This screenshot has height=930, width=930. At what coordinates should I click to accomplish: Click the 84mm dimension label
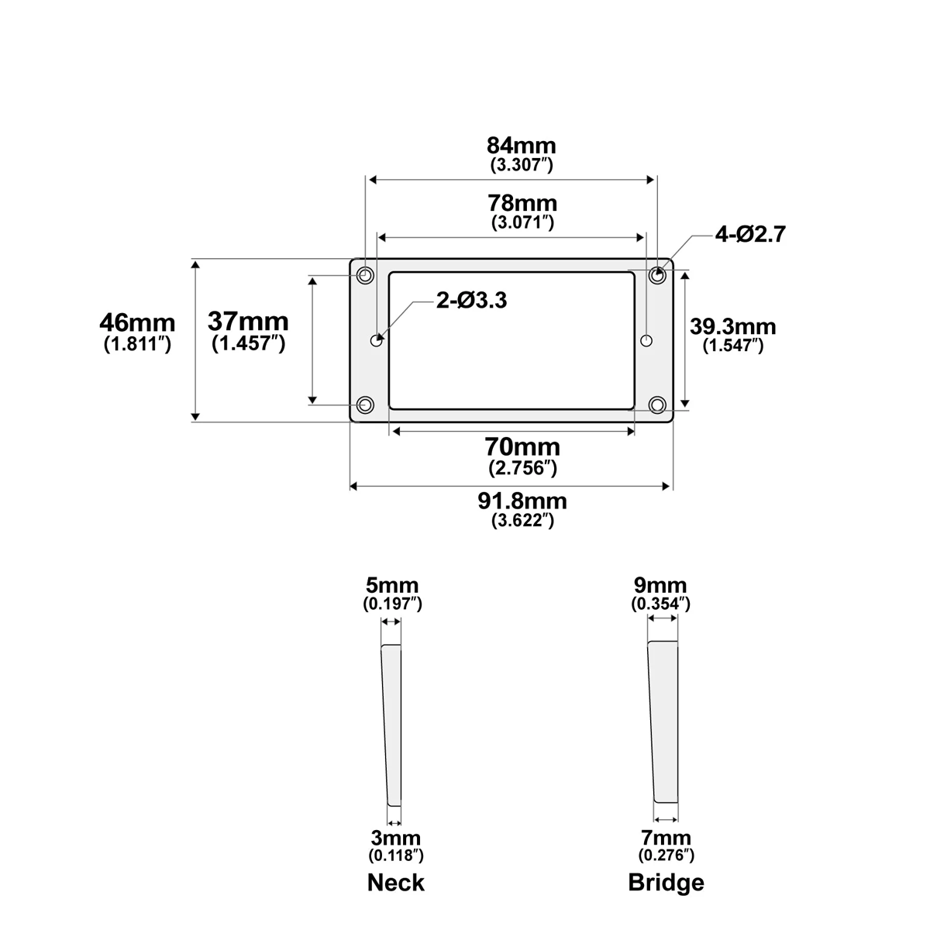(522, 146)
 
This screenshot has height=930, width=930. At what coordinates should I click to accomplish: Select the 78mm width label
(522, 204)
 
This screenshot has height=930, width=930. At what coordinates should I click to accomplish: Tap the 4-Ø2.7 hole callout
(750, 234)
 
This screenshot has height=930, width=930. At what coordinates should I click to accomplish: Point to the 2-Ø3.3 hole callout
(471, 300)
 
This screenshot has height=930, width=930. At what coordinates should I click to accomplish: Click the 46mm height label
(137, 322)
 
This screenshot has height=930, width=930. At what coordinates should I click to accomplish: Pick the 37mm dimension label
(248, 321)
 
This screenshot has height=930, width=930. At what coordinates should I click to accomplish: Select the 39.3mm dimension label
(732, 326)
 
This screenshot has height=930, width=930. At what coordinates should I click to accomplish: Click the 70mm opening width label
(522, 447)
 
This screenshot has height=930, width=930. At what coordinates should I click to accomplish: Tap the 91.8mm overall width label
(522, 501)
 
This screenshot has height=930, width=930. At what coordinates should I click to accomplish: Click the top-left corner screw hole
(365, 275)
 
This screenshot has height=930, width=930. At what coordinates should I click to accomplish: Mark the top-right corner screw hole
(658, 274)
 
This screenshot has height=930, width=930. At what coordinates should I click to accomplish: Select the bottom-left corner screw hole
(365, 405)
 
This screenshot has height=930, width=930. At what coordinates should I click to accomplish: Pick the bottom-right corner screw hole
(658, 405)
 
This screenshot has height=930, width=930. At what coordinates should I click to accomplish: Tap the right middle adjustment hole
(647, 339)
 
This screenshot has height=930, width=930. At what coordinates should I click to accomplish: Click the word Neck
(395, 882)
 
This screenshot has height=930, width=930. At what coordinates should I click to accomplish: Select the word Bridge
(666, 882)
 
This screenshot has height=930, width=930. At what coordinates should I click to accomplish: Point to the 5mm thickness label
(392, 585)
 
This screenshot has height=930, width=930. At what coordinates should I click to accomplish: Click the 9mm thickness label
(660, 585)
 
